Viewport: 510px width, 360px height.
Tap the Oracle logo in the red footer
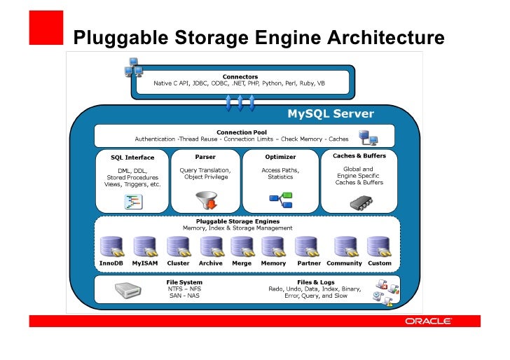429,321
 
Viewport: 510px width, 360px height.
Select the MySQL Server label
331,114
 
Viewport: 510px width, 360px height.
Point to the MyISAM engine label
145,263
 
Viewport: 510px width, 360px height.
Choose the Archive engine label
210,263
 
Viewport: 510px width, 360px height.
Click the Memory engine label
273,263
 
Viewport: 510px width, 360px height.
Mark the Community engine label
344,263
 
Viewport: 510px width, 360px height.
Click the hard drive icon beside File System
127,290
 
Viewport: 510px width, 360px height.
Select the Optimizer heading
280,157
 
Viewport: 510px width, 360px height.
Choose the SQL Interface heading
132,158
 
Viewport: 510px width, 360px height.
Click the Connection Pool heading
242,132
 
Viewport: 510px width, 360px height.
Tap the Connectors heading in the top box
240,76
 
